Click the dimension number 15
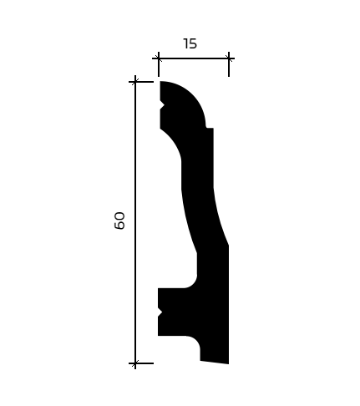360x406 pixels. tap(190, 44)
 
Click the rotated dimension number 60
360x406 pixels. tap(119, 221)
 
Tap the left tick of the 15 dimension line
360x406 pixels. tap(159, 58)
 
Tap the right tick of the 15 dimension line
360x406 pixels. tap(229, 58)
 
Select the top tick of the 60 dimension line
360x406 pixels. tap(135, 82)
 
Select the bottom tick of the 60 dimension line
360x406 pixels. tap(135, 363)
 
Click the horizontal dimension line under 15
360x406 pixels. tap(194, 58)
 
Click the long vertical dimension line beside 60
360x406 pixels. tap(135, 222)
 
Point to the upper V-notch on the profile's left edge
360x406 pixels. tap(162, 106)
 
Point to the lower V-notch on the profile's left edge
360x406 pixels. tap(160, 312)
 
